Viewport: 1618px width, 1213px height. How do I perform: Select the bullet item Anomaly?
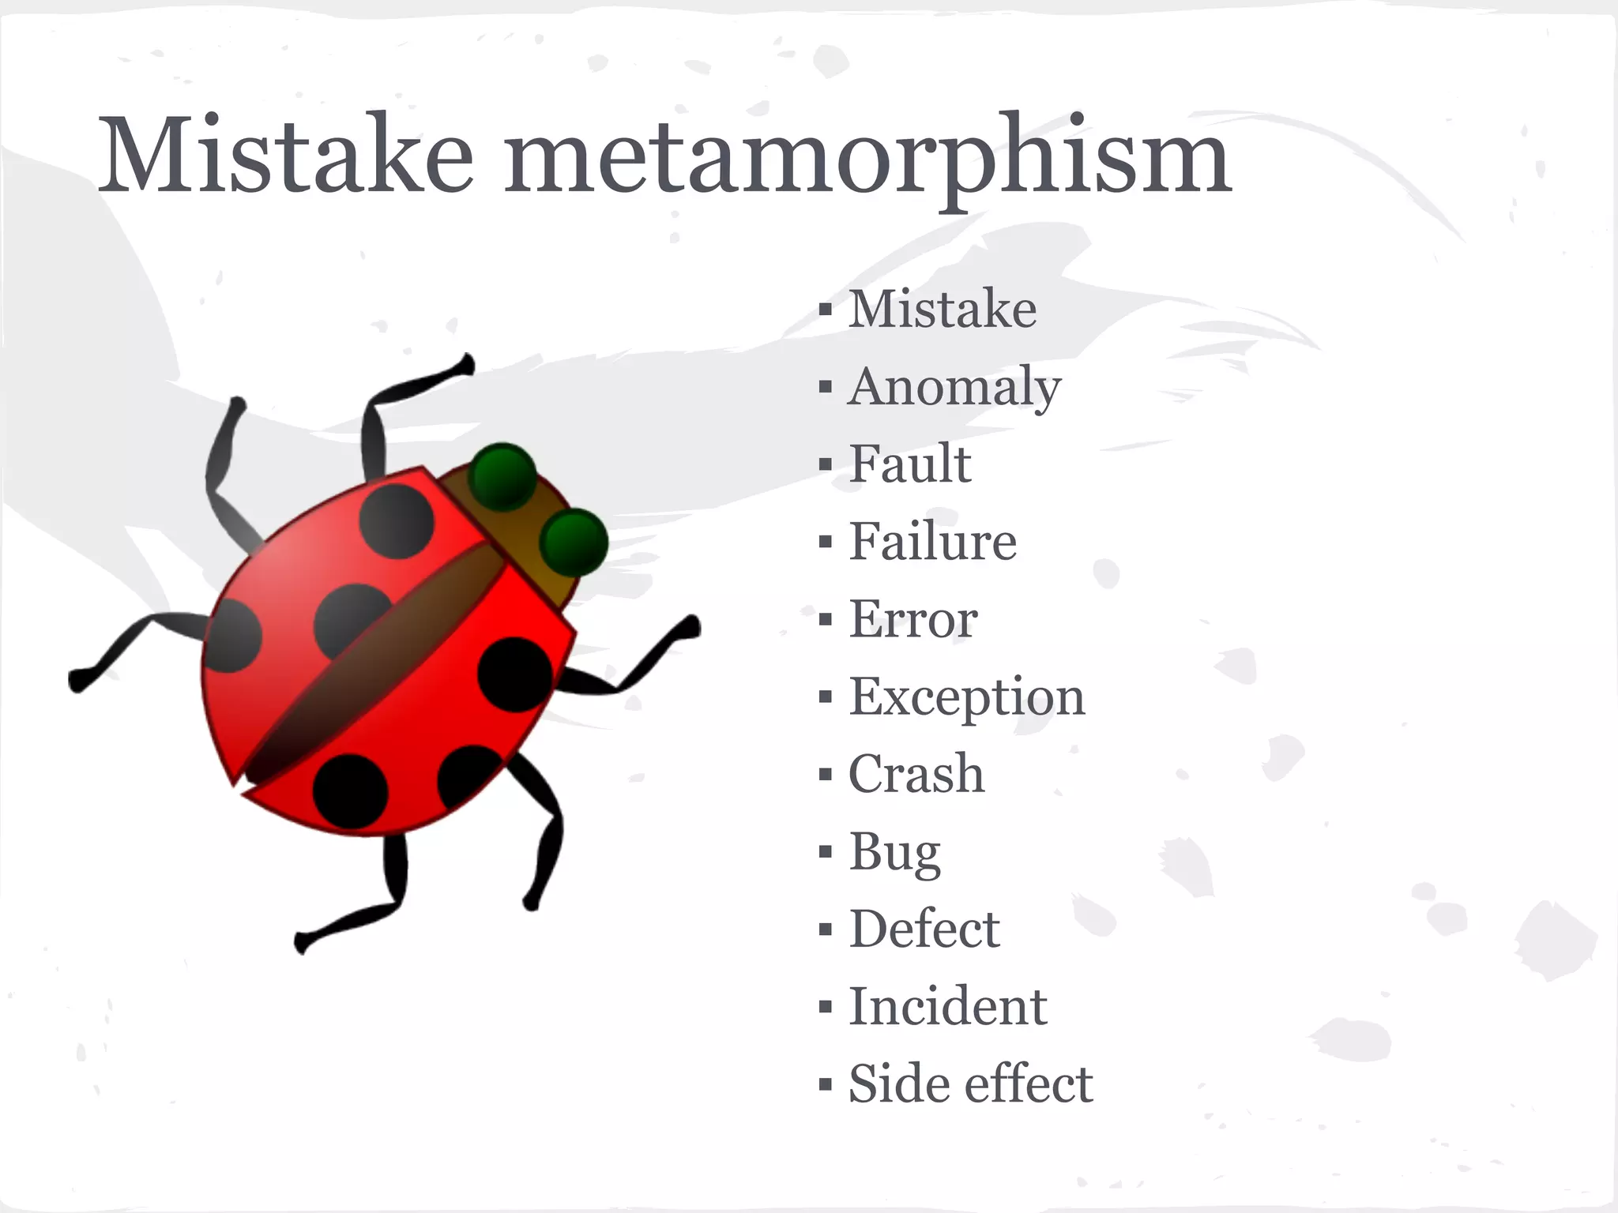click(x=954, y=387)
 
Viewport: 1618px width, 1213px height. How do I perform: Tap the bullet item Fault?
click(x=909, y=464)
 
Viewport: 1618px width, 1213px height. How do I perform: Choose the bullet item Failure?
click(x=932, y=542)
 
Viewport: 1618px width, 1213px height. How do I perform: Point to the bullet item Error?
click(x=913, y=619)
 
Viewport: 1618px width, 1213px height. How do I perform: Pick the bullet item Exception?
click(x=966, y=697)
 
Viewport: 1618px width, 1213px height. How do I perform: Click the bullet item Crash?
click(x=916, y=774)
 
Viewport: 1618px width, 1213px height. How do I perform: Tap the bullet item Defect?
click(x=924, y=929)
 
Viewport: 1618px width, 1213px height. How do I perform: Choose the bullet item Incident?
click(x=947, y=1007)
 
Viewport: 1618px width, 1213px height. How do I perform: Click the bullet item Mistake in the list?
click(x=942, y=310)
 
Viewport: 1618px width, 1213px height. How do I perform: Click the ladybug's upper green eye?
click(x=502, y=477)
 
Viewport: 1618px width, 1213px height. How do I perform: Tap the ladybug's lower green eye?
click(x=574, y=542)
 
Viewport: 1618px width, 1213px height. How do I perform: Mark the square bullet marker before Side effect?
click(x=826, y=1084)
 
